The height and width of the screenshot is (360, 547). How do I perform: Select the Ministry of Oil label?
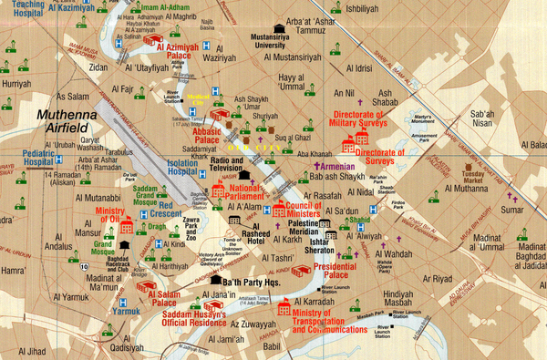(112, 217)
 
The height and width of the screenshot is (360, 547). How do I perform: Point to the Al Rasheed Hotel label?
(269, 231)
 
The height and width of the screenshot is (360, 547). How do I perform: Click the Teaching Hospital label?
(22, 10)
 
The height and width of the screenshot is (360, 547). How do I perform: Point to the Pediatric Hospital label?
(39, 159)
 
